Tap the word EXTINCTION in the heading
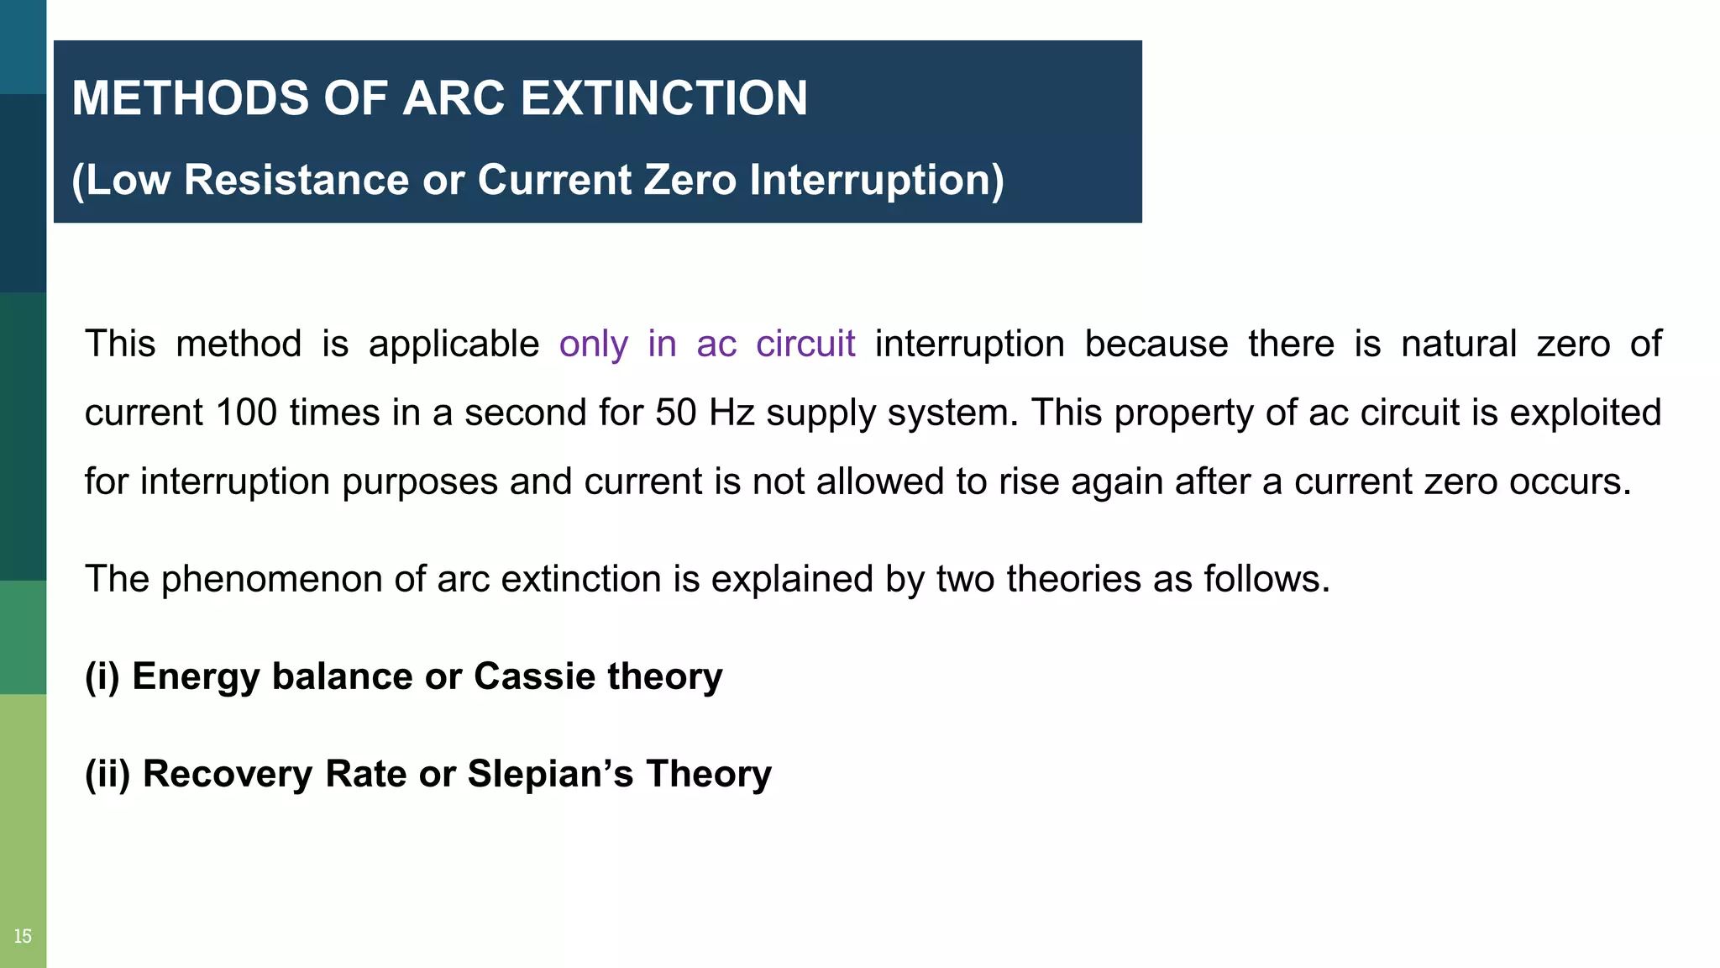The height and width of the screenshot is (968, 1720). (663, 98)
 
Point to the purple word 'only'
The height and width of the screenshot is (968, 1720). (593, 344)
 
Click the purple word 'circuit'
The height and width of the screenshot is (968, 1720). (805, 344)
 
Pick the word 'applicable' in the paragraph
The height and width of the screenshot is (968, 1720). (454, 344)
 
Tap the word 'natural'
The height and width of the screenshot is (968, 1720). (1459, 344)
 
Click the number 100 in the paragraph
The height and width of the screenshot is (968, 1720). (246, 413)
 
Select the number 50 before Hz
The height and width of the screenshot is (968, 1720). (675, 413)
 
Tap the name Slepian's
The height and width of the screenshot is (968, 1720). (550, 774)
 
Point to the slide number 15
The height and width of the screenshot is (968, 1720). (23, 936)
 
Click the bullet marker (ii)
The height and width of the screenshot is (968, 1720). (107, 774)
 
